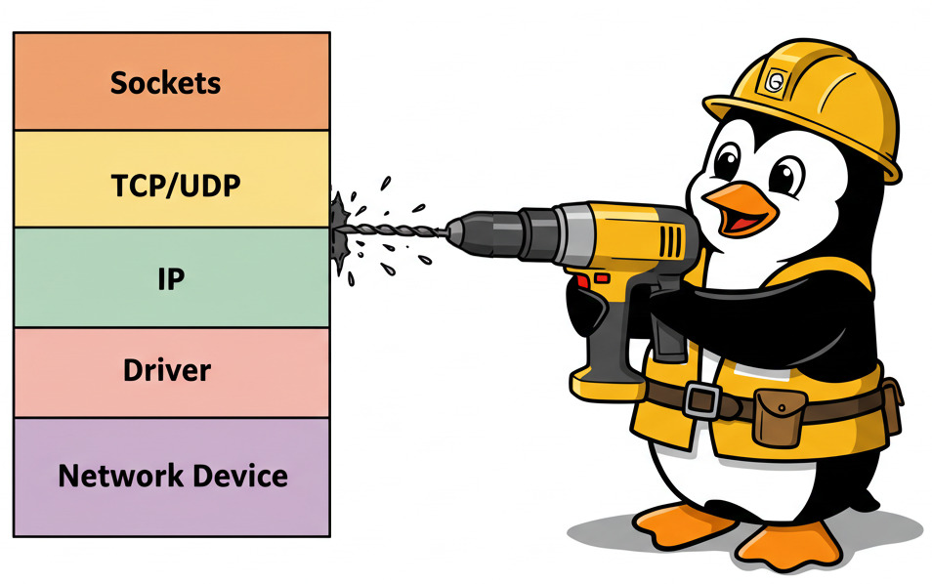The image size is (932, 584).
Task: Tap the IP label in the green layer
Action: coord(171,278)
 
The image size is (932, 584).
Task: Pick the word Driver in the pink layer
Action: coord(167,371)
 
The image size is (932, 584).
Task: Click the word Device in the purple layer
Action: coord(238,477)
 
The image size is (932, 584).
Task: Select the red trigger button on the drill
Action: coord(583,283)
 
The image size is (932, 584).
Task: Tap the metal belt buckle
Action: coord(700,399)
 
